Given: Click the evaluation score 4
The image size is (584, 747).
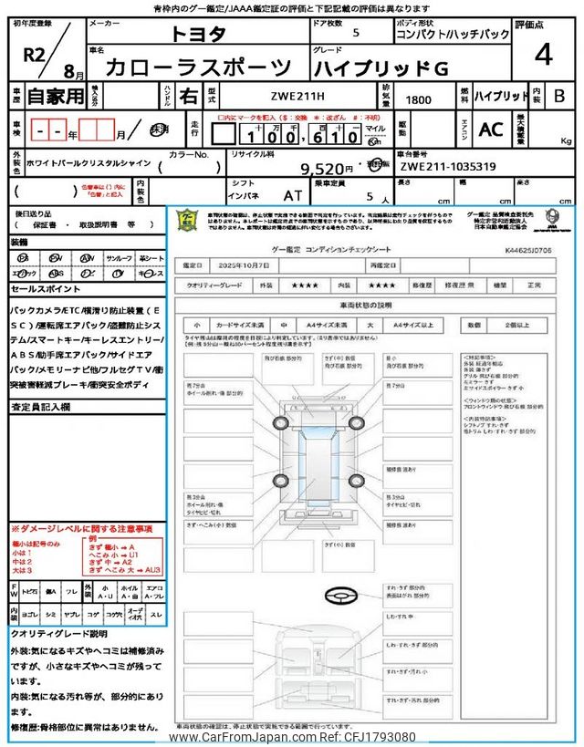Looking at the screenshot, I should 544,55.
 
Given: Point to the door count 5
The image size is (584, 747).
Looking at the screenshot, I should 355,33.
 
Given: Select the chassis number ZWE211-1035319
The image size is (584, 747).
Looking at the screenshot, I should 448,168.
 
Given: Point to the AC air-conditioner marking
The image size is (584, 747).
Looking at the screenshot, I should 490,130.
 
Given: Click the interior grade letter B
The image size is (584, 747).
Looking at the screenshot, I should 558,95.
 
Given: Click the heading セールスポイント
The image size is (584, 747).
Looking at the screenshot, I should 45,288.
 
